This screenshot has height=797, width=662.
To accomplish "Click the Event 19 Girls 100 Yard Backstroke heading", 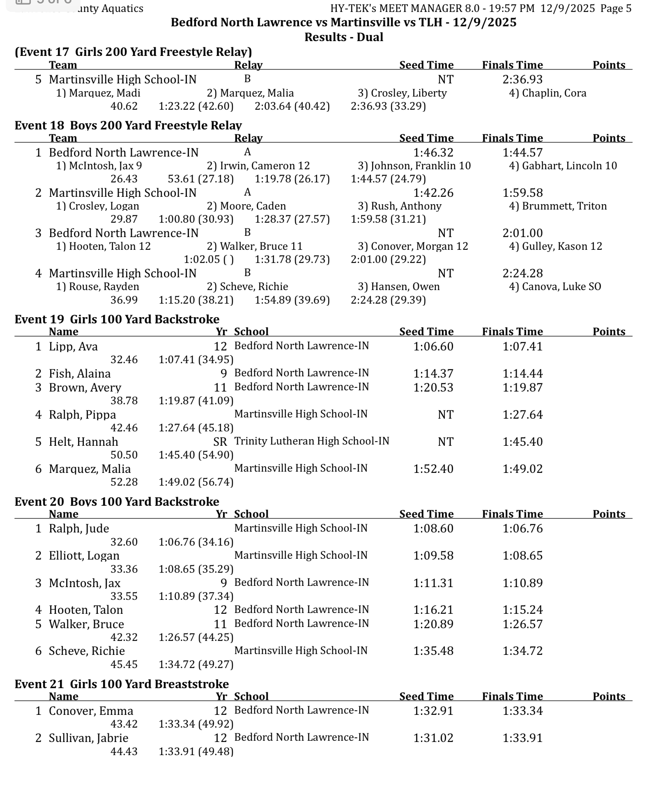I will click(117, 319).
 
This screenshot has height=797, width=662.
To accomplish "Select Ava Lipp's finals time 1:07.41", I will click(522, 347).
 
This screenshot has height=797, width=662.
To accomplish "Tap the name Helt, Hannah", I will click(83, 442).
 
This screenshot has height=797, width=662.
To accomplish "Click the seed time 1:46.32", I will click(433, 153).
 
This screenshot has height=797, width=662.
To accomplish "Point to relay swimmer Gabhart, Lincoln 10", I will click(563, 166).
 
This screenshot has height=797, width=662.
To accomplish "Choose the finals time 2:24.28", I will click(522, 274).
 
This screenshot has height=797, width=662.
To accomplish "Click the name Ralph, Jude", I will click(79, 529).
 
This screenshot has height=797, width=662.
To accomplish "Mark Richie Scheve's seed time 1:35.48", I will click(433, 651).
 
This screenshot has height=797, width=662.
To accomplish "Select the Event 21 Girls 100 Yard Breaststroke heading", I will click(122, 684).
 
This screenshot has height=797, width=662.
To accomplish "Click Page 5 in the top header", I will click(616, 9).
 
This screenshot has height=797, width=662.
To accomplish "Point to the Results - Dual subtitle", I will click(344, 37).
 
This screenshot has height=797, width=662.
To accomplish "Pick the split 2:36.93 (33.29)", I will click(388, 106).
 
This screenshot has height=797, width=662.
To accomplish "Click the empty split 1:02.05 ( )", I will click(209, 260).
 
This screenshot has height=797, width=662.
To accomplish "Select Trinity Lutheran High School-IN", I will click(311, 441).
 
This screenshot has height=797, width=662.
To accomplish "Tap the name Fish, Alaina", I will click(80, 374).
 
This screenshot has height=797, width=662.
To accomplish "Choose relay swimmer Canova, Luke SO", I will click(555, 287).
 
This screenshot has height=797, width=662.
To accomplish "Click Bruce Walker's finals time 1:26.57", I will click(522, 624).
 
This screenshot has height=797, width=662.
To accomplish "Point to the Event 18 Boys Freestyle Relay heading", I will click(128, 125).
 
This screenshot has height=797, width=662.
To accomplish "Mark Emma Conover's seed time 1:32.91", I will click(433, 711).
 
